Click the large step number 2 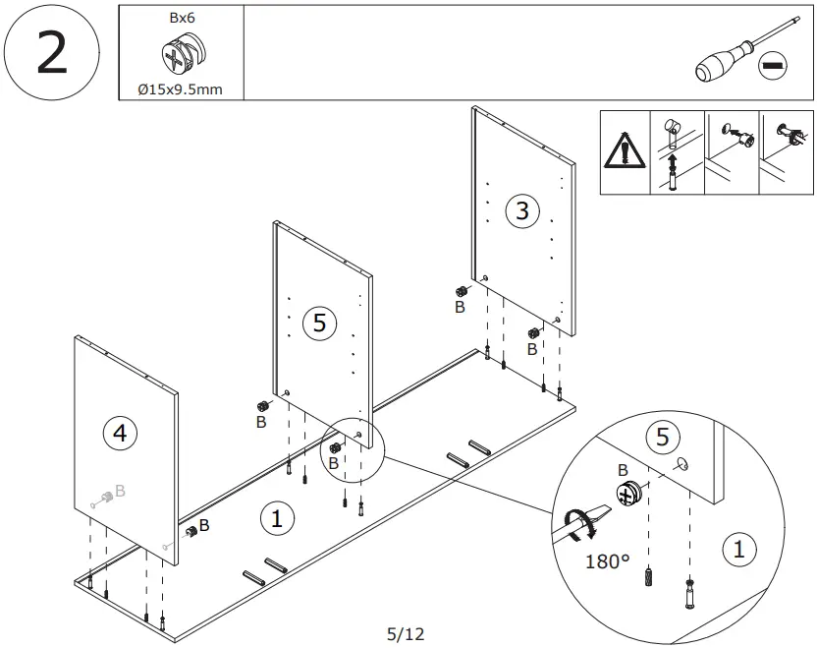pos(51,53)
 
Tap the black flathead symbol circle pos(775,66)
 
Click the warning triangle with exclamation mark pos(625,152)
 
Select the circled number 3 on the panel pos(521,209)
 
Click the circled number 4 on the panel pos(120,433)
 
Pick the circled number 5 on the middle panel pos(319,323)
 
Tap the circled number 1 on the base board pos(278,518)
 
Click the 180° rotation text pos(607,562)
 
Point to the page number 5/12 pos(406,634)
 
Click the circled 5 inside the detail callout pos(663,437)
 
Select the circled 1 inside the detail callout pos(739,551)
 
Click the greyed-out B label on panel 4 pos(119,490)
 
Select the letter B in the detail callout pos(623,470)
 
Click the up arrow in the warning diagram pos(673,161)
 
